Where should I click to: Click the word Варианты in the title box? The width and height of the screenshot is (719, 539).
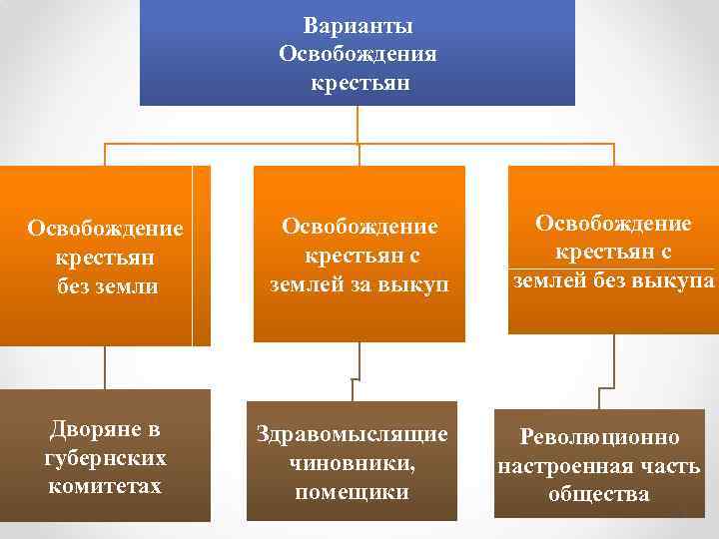pos(359,26)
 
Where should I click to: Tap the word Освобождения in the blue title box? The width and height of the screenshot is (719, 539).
pos(359,53)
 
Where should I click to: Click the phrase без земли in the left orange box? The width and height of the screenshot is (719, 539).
pos(105,286)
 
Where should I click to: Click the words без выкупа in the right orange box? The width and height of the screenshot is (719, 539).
pos(663,280)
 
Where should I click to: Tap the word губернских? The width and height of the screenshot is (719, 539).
pos(105,459)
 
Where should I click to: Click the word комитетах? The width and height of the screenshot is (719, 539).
pos(105,486)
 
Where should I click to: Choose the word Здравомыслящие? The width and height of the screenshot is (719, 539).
pos(353,436)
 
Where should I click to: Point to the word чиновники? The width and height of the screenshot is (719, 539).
pos(353,464)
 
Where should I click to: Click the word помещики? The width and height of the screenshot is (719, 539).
pos(353,492)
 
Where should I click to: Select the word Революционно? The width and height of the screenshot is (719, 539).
pos(599,437)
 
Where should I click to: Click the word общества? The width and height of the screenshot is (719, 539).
pos(599,493)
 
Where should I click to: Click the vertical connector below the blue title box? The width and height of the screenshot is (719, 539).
pos(359,125)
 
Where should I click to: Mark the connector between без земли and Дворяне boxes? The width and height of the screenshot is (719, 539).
pos(105,367)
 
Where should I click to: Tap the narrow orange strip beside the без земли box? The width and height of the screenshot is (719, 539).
pos(202,256)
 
